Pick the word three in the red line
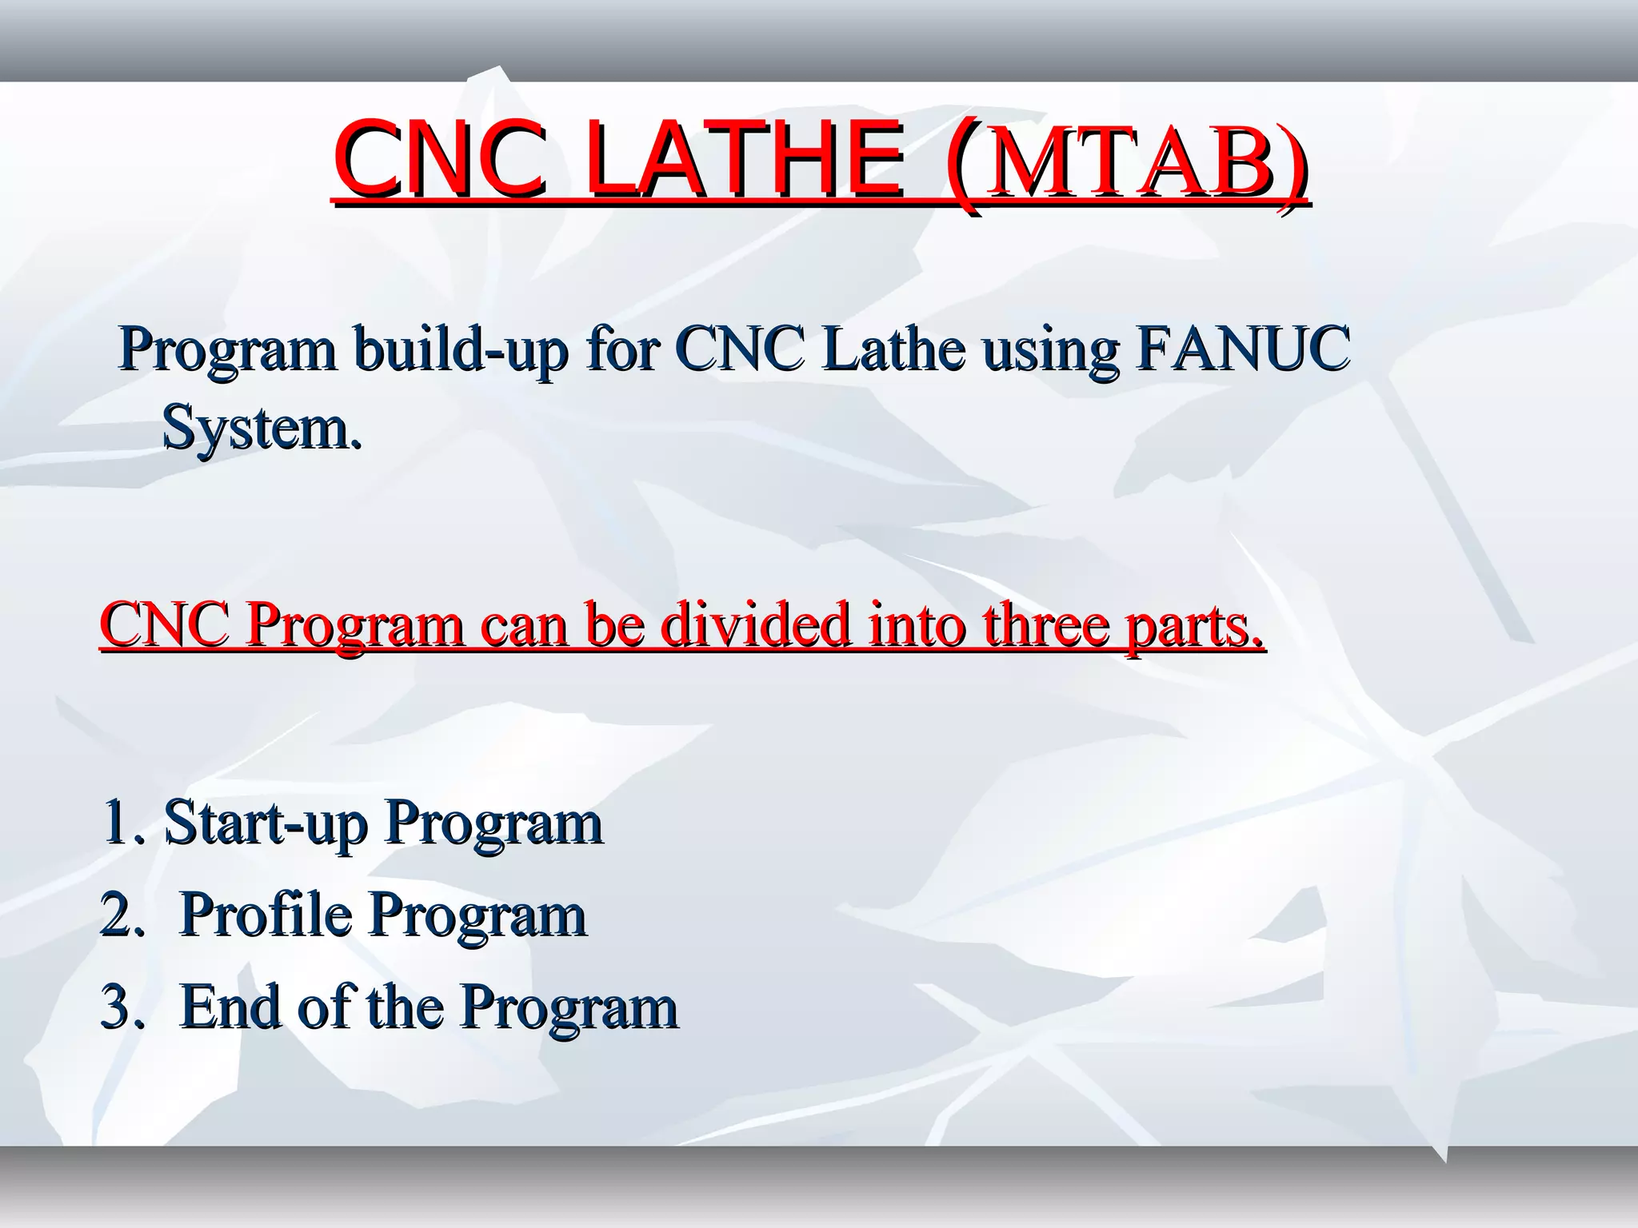pyautogui.click(x=1045, y=625)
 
